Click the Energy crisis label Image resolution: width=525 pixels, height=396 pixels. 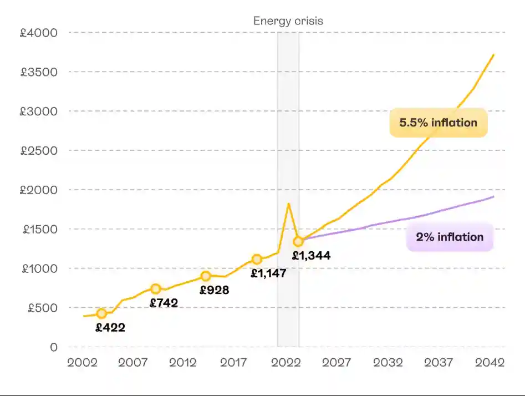tap(288, 21)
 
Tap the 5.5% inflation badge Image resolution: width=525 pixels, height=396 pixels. tap(438, 123)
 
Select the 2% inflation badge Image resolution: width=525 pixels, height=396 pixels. tap(450, 237)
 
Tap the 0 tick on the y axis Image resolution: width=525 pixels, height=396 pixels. tap(53, 347)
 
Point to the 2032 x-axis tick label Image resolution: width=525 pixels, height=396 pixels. tap(388, 363)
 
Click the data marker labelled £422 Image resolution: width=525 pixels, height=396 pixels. tap(101, 314)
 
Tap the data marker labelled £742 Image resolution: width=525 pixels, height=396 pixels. tap(156, 288)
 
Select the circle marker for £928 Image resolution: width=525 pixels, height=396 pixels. tap(206, 276)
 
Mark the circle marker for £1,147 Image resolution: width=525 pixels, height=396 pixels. tap(257, 259)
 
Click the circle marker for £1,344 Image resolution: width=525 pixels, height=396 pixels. tap(298, 241)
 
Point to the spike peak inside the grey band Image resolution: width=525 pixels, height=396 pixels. tap(288, 204)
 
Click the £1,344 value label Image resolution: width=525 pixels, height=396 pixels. tap(312, 256)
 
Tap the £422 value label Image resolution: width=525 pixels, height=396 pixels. tap(110, 327)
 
